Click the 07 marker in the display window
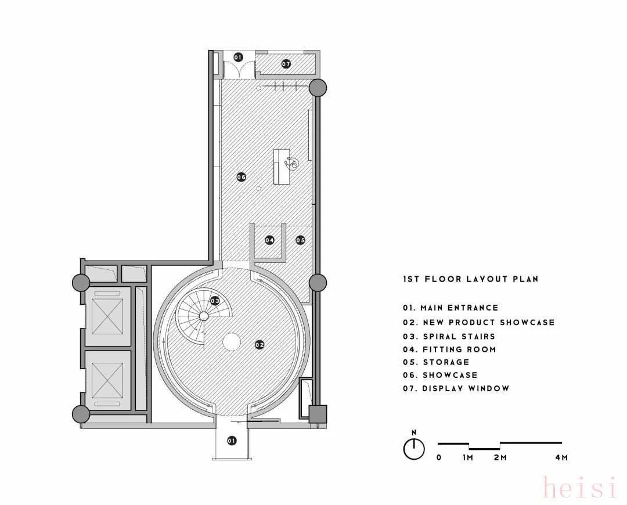286,64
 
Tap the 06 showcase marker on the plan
241,176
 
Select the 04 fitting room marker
269,240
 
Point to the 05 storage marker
300,240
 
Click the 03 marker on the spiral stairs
215,301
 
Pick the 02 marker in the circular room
260,345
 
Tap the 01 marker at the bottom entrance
232,441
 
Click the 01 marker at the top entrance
238,57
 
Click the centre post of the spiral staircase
203,316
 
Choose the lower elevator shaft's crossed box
107,381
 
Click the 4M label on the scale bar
561,457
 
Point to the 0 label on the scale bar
439,457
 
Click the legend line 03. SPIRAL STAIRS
449,336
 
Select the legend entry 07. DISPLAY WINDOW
456,388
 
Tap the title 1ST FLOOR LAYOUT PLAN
471,279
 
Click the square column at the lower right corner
318,414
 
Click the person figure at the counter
291,163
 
